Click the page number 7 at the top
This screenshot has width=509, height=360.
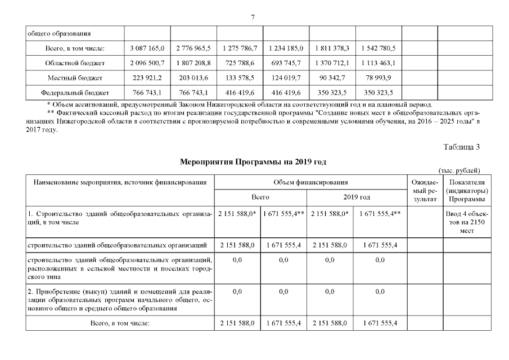tap(254, 17)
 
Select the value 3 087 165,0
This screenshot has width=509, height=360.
tap(147, 48)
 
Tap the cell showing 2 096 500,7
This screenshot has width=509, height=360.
tap(147, 63)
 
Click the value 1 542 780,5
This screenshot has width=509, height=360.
tap(379, 48)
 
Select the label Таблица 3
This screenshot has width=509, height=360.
tap(461, 147)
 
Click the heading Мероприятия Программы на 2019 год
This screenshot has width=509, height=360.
tap(253, 162)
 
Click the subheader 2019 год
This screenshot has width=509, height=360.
tap(357, 197)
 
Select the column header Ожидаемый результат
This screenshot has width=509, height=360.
tap(424, 191)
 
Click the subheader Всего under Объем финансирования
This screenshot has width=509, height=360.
tap(260, 197)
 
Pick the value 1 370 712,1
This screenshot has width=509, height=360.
tap(332, 63)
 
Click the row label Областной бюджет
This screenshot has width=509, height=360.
tap(75, 63)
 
